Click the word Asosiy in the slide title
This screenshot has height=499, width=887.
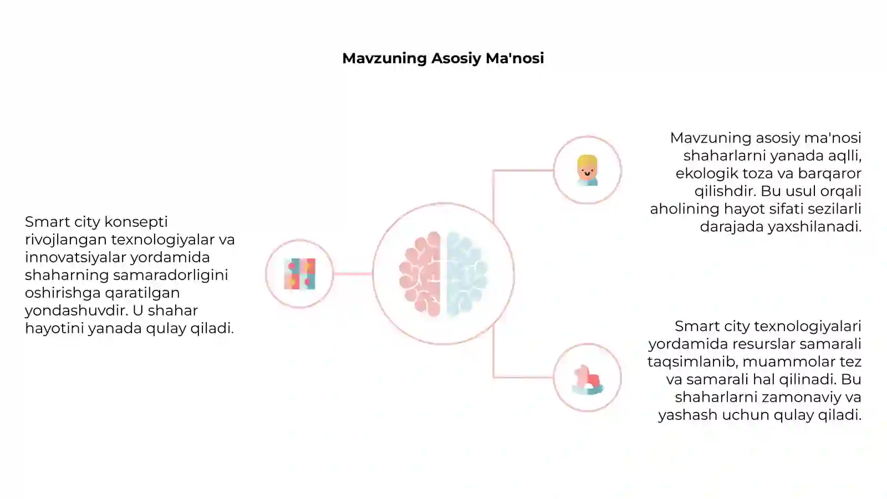pyautogui.click(x=456, y=59)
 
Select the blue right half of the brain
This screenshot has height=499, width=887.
pyautogui.click(x=467, y=274)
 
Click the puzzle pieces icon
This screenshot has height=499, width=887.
pyautogui.click(x=300, y=274)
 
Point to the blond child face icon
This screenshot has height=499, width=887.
pyautogui.click(x=587, y=170)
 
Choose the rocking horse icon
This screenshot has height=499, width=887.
pyautogui.click(x=588, y=380)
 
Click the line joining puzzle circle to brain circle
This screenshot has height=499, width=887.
pyautogui.click(x=353, y=274)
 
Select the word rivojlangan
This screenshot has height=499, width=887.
pyautogui.click(x=66, y=240)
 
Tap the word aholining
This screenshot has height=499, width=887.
pyautogui.click(x=685, y=209)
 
